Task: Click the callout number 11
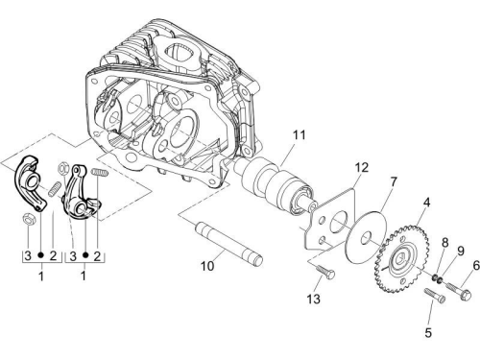pyautogui.click(x=300, y=135)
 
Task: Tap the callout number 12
pyautogui.click(x=361, y=167)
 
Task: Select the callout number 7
pyautogui.click(x=394, y=181)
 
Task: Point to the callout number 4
pyautogui.click(x=426, y=203)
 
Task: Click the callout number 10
pyautogui.click(x=207, y=266)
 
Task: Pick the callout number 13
pyautogui.click(x=313, y=299)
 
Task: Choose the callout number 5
pyautogui.click(x=428, y=333)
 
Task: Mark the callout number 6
pyautogui.click(x=476, y=265)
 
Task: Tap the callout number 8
pyautogui.click(x=445, y=243)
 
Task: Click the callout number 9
pyautogui.click(x=461, y=251)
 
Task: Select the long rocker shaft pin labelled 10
pyautogui.click(x=228, y=244)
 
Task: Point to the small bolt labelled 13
pyautogui.click(x=325, y=272)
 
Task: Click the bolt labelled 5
pyautogui.click(x=434, y=296)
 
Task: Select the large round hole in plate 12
pyautogui.click(x=337, y=221)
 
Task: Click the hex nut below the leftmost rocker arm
pyautogui.click(x=28, y=219)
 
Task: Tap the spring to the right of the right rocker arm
pyautogui.click(x=100, y=172)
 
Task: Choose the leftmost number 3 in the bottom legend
pyautogui.click(x=28, y=255)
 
